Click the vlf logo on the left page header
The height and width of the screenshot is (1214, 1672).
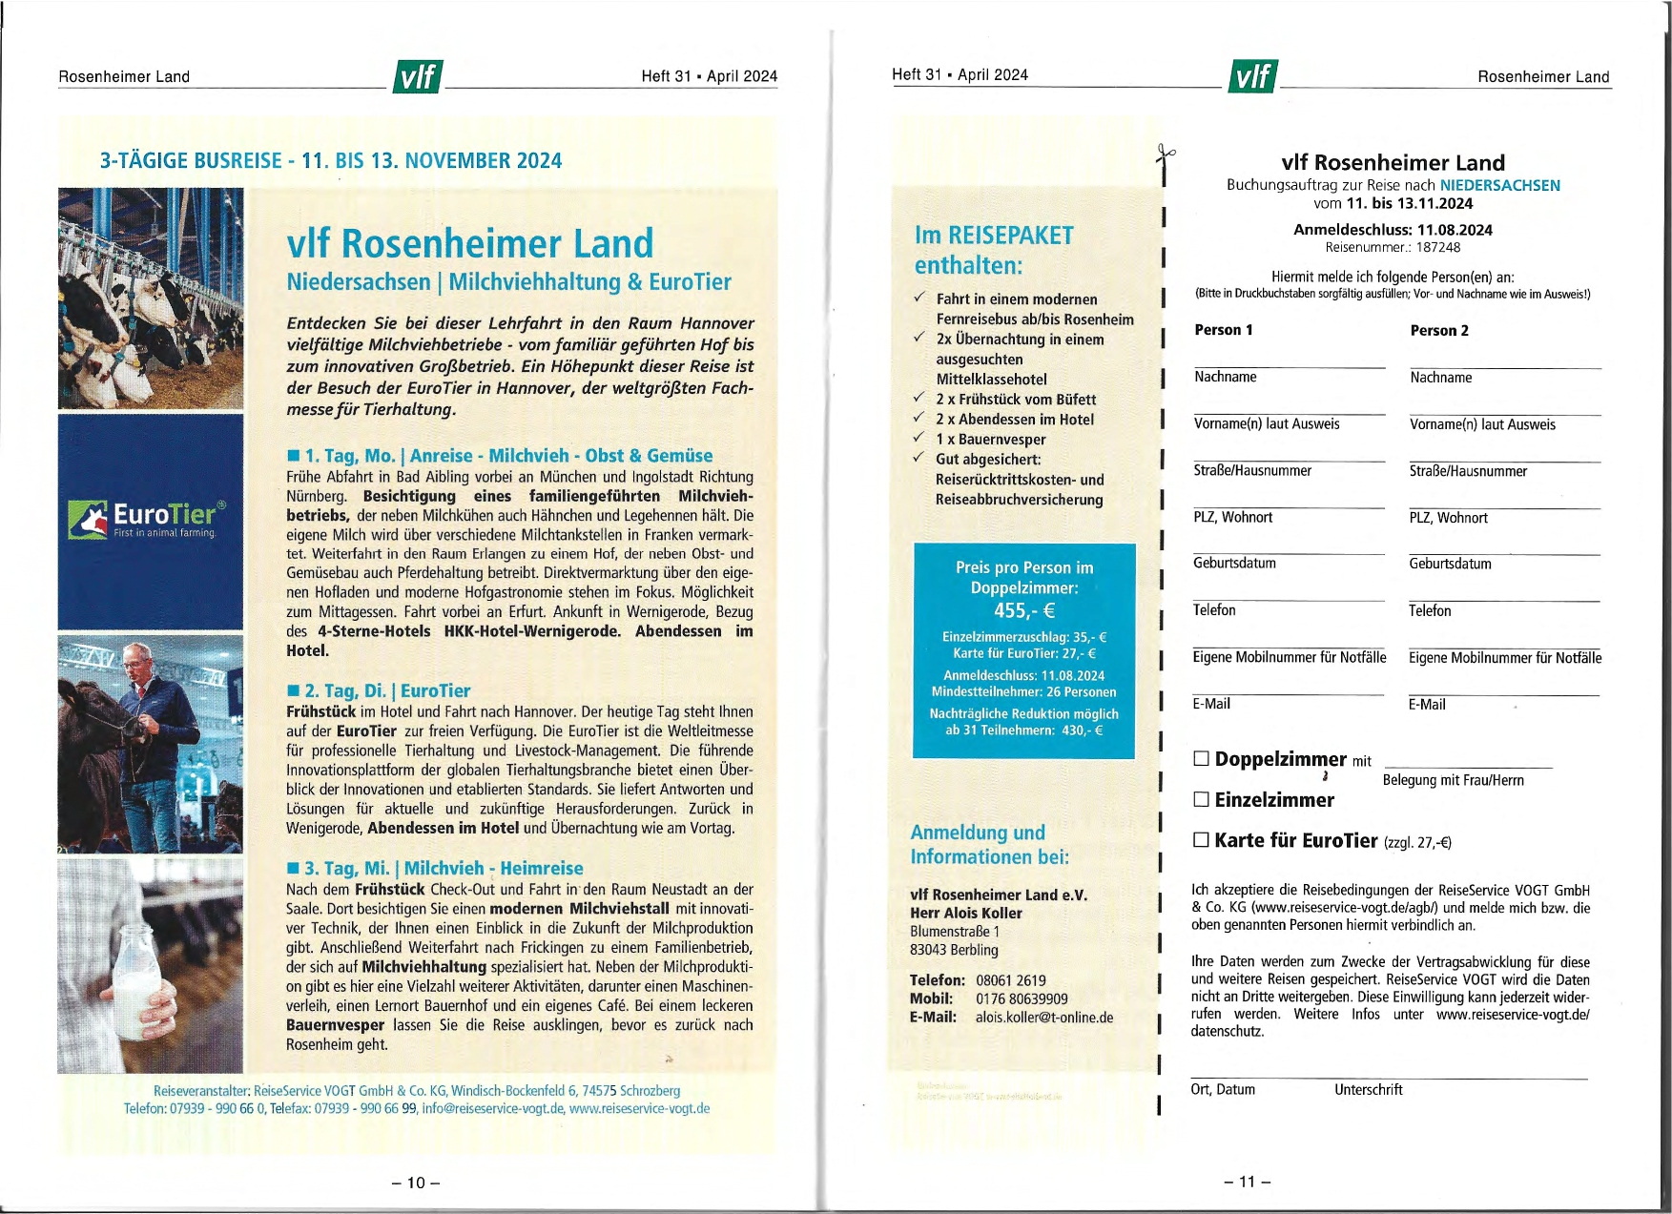417,76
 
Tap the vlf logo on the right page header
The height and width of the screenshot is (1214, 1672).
1252,76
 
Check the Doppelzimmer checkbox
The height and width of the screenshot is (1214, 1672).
1201,759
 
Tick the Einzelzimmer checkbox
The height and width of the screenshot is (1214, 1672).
1201,799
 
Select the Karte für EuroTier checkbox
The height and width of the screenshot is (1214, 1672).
1201,839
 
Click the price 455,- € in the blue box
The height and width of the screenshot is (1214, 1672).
1024,610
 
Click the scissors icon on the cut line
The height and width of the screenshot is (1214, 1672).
1165,153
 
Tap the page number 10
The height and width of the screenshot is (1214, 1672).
416,1183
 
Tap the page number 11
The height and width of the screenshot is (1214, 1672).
1248,1182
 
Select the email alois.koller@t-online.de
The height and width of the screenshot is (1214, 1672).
1044,1018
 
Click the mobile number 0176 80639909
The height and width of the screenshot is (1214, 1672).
1022,998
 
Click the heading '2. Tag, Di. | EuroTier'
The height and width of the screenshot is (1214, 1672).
379,690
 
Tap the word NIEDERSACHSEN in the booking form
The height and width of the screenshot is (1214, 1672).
1499,185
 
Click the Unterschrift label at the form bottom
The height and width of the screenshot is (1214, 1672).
1368,1089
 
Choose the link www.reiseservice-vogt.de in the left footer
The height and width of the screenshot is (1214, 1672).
639,1108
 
